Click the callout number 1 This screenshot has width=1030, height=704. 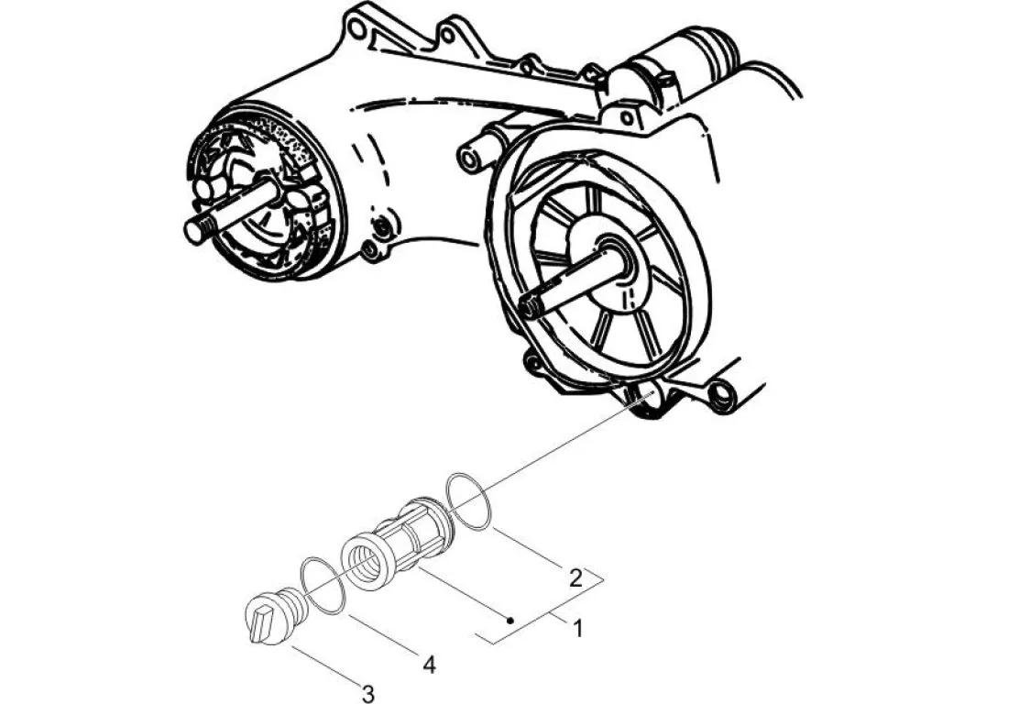578,628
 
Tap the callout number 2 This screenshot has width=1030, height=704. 575,577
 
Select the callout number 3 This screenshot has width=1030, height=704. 368,693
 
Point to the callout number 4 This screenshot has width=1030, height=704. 428,663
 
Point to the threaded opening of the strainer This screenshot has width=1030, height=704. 364,558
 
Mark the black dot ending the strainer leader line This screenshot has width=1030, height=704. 511,621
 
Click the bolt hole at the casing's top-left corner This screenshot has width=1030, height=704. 356,28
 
